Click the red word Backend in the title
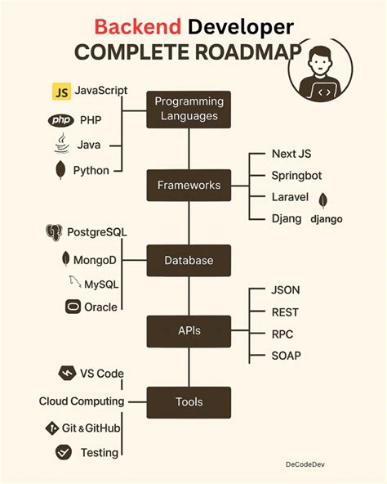coord(137,27)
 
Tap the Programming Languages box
coord(189,109)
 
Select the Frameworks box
coord(189,186)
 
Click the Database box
coord(189,261)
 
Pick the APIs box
coord(189,331)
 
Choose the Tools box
coord(189,401)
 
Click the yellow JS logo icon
coord(60,91)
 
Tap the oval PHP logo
coord(60,119)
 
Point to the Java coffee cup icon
coord(60,145)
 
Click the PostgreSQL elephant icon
coord(55,233)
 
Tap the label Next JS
coord(291,154)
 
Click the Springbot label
coord(297,175)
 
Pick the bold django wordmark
coord(327,219)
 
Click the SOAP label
coord(287,356)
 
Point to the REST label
coord(286,311)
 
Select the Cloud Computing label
coord(82,401)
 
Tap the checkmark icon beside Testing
coord(64,452)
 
